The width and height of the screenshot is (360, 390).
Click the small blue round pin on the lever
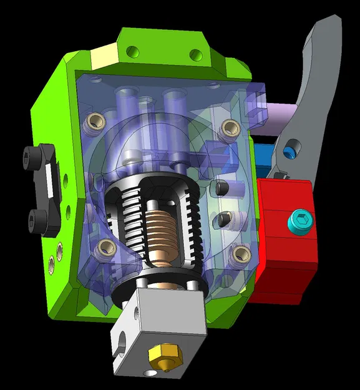pos(289,152)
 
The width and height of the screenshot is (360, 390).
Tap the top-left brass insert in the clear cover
pos(97,119)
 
